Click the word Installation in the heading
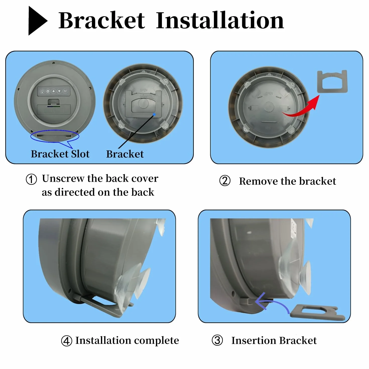pyautogui.click(x=220, y=20)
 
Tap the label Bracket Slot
pyautogui.click(x=60, y=154)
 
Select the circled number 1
pyautogui.click(x=31, y=179)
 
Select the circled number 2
pyautogui.click(x=225, y=181)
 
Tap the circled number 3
pyautogui.click(x=217, y=340)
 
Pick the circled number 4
pyautogui.click(x=67, y=341)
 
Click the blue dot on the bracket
pyautogui.click(x=154, y=114)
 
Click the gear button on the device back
pyautogui.click(x=48, y=91)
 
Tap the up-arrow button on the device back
pyautogui.click(x=54, y=91)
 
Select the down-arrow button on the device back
pyautogui.click(x=59, y=91)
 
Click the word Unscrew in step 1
pyautogui.click(x=63, y=178)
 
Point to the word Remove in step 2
pyautogui.click(x=258, y=181)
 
